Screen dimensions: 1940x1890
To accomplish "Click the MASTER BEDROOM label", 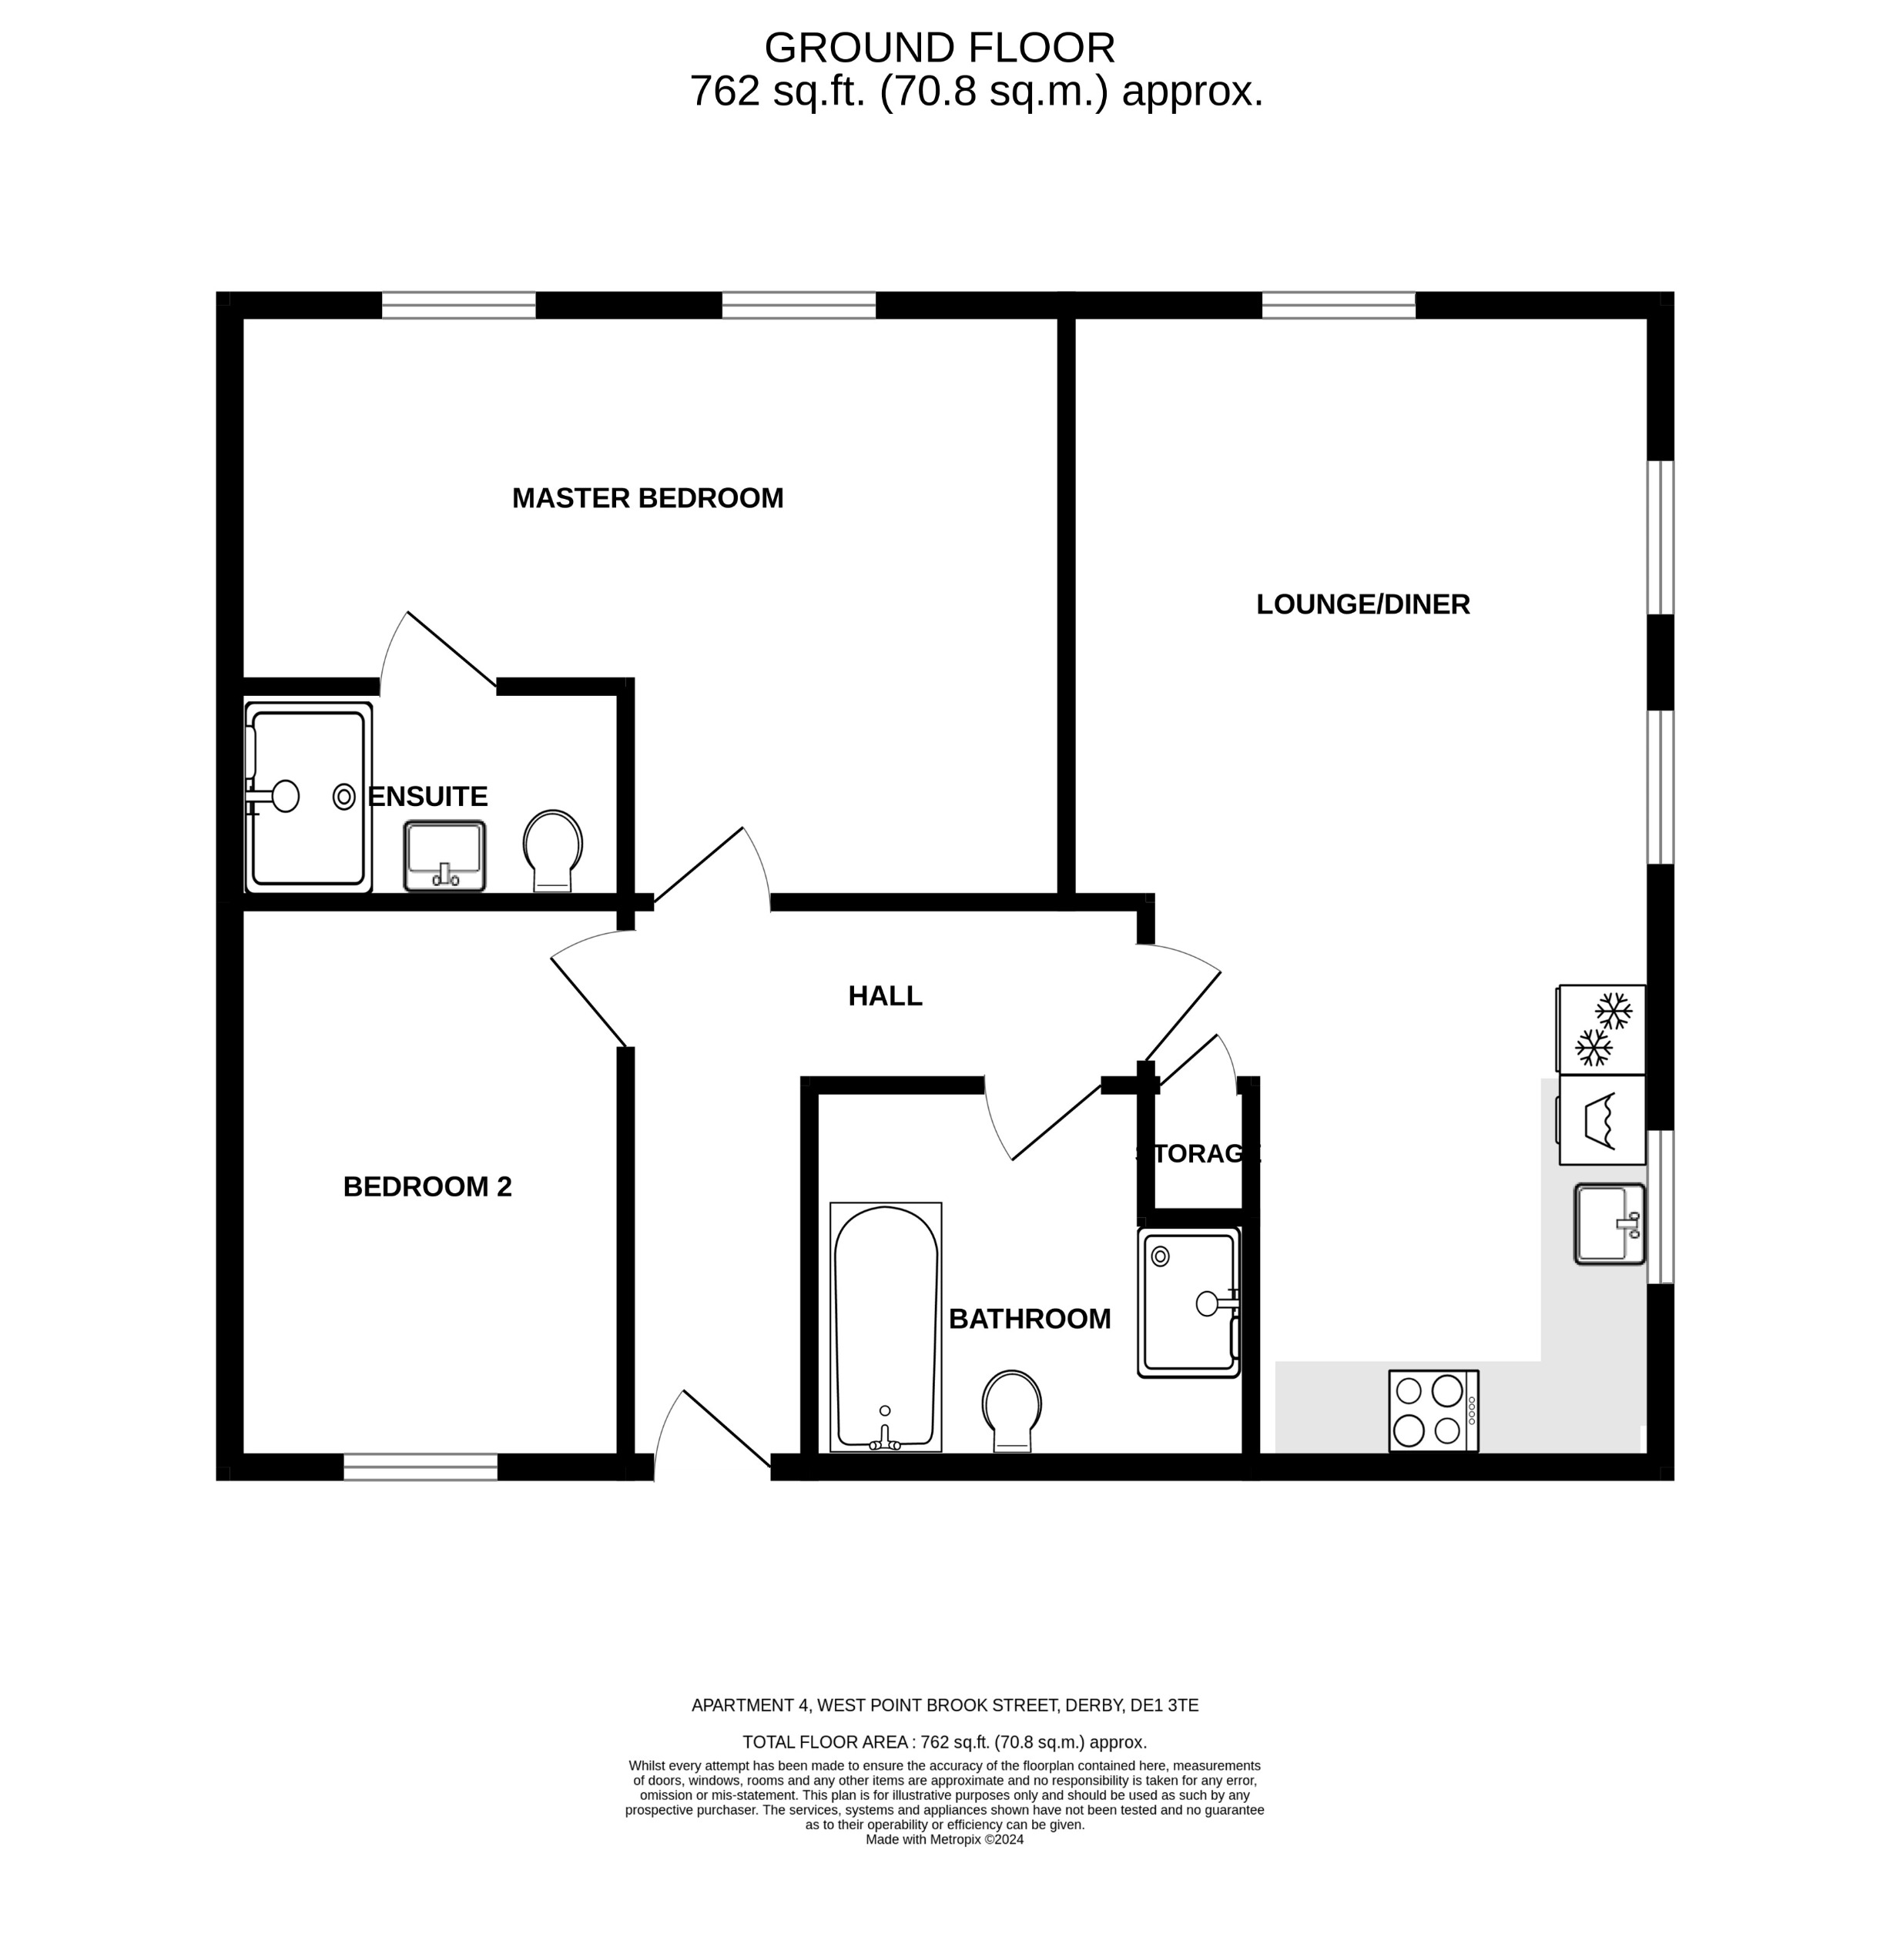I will [647, 498].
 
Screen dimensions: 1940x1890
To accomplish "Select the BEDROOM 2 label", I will [427, 1187].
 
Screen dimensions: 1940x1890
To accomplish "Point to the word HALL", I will [884, 996].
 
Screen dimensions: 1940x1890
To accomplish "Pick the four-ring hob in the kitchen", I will [1433, 1410].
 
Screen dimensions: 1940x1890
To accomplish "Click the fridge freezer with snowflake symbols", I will [1601, 1029].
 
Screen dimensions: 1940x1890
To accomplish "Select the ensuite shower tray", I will [308, 798].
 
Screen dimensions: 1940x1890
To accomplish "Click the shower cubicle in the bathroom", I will [1188, 1302].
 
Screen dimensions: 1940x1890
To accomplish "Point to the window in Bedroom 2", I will [420, 1467].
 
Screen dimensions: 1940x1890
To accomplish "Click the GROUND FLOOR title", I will [939, 48].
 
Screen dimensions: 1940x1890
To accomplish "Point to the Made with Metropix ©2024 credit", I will [944, 1839].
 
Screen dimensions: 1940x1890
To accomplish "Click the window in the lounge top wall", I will [1338, 305].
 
